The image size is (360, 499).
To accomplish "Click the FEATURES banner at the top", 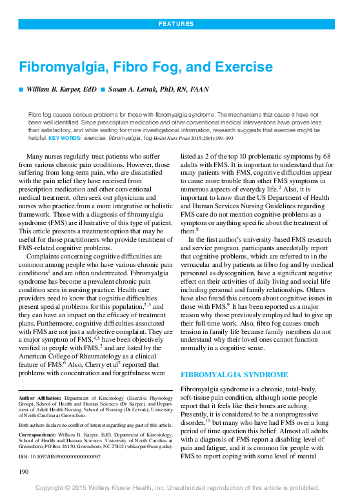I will (x=180, y=24).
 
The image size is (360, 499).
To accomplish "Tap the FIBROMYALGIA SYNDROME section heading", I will (x=224, y=374).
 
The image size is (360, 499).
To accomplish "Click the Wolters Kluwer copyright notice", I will (x=180, y=489).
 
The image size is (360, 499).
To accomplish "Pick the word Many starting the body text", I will (x=35, y=157).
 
